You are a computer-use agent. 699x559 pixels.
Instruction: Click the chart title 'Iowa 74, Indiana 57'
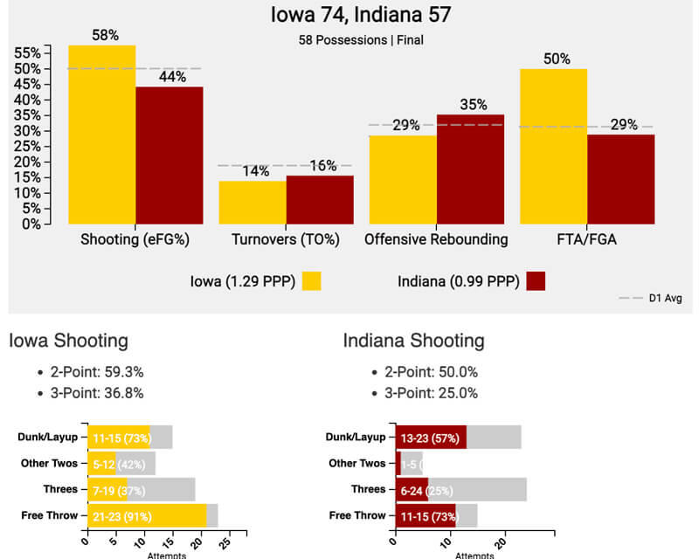349,16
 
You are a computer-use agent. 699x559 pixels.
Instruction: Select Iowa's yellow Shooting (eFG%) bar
102,135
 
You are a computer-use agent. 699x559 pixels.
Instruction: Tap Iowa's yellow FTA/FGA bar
554,146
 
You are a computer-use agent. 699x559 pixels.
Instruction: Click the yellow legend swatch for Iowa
312,280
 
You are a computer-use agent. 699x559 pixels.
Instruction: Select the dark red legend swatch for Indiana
536,280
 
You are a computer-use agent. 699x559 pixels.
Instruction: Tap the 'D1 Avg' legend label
666,299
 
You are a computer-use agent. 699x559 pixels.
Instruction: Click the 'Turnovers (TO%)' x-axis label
286,239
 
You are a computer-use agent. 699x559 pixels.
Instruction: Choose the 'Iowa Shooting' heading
68,341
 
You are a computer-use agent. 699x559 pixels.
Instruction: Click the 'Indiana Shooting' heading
413,341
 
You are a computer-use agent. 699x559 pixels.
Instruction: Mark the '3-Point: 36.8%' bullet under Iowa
97,393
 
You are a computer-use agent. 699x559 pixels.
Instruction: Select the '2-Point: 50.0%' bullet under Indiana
432,372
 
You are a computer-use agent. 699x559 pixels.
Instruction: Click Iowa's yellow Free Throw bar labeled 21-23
147,516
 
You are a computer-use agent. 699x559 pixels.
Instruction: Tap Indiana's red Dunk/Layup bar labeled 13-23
431,438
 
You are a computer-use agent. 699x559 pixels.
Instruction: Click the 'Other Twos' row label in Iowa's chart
49,464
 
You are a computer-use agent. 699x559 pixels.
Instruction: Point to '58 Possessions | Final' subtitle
349,39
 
